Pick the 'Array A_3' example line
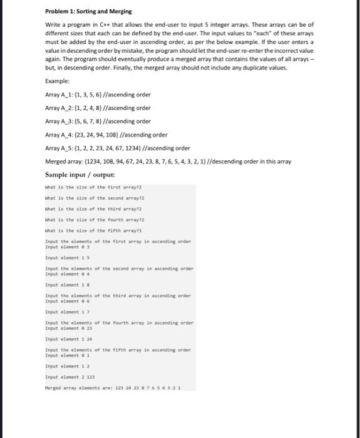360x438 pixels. coord(98,121)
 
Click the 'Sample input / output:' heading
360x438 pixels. coord(76,175)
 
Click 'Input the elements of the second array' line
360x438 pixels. coord(119,269)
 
